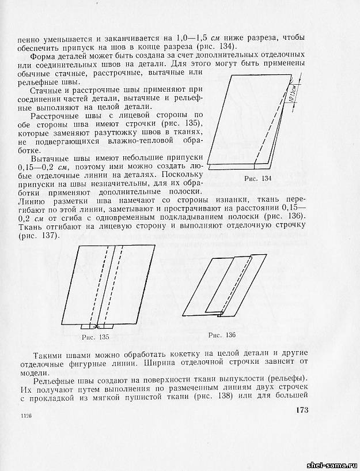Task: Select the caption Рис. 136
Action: click(x=221, y=334)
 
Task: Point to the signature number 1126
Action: click(x=25, y=416)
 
